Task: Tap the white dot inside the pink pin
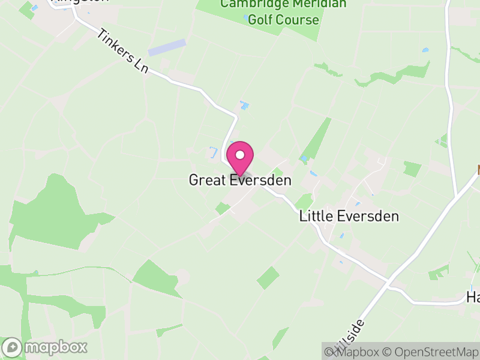tap(240, 155)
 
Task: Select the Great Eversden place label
tap(240, 180)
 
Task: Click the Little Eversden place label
tap(349, 217)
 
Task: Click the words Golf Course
tap(284, 20)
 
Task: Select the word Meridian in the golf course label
tap(319, 4)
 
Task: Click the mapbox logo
tap(46, 347)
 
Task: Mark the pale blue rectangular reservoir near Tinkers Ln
tap(167, 47)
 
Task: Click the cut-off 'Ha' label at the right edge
tap(473, 297)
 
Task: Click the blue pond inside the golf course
tap(247, 18)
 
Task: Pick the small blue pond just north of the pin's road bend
tap(244, 106)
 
